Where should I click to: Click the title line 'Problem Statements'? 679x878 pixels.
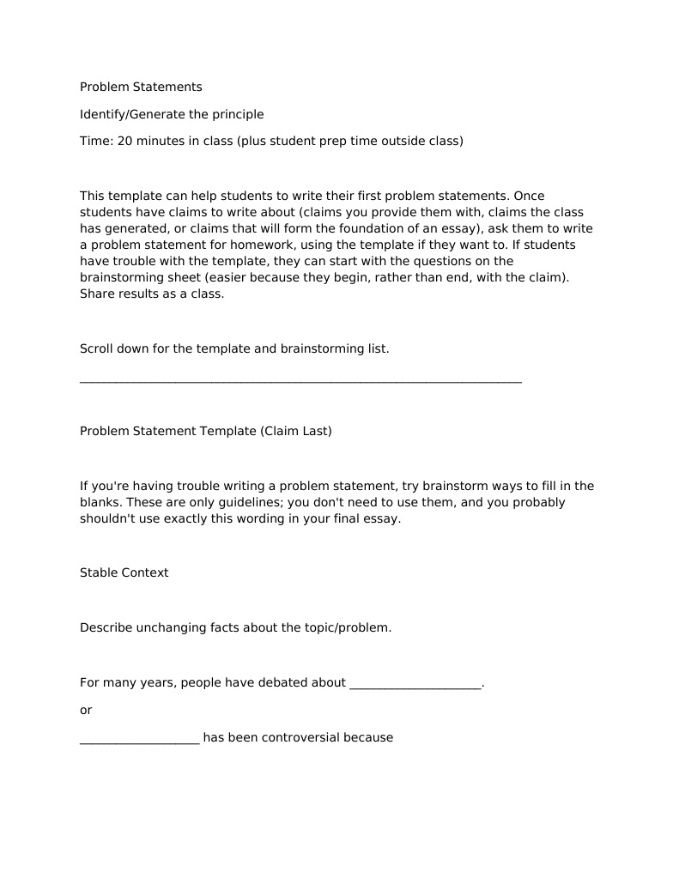pyautogui.click(x=141, y=87)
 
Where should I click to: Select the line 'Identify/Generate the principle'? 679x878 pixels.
pyautogui.click(x=172, y=114)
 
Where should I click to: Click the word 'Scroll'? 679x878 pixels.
pyautogui.click(x=97, y=348)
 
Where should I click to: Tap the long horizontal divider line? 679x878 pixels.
pyautogui.click(x=300, y=380)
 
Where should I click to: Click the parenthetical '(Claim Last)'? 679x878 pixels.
pyautogui.click(x=296, y=431)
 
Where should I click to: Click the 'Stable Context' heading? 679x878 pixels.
pyautogui.click(x=124, y=572)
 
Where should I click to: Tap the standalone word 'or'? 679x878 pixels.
pyautogui.click(x=86, y=711)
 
